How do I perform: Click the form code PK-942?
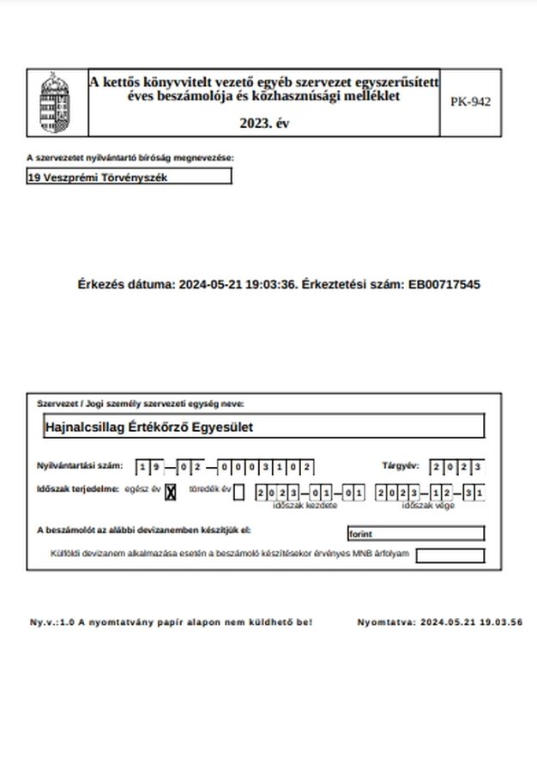[470, 101]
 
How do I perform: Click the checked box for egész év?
[170, 492]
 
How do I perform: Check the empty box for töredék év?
[238, 492]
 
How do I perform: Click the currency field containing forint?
[415, 533]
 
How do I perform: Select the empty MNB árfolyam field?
[450, 555]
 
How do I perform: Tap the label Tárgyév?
[400, 466]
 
